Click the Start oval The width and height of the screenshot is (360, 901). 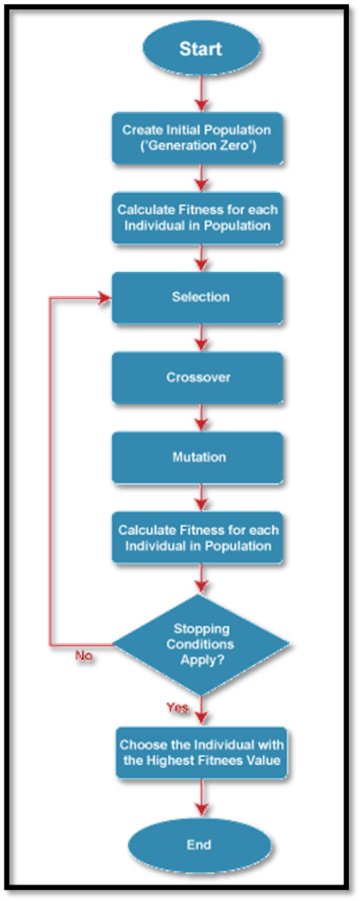(201, 49)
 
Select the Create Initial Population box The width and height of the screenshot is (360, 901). (197, 137)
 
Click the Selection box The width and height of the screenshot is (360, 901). (197, 297)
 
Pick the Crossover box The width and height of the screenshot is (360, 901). (197, 377)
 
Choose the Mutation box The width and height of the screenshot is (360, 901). (197, 457)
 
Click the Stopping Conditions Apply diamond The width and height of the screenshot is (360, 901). (201, 646)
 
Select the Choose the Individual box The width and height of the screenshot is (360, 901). (201, 753)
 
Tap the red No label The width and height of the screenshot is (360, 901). (84, 656)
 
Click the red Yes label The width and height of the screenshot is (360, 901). (177, 708)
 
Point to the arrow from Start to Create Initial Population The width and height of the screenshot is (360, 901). (201, 92)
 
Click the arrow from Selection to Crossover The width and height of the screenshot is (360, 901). (201, 338)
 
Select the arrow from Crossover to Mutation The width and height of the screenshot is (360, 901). (201, 418)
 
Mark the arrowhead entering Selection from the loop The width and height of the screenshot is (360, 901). (105, 297)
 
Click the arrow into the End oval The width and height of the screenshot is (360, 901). (201, 798)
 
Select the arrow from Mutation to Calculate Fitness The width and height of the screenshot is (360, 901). (201, 498)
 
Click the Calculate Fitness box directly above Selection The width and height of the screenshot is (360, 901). (197, 217)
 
